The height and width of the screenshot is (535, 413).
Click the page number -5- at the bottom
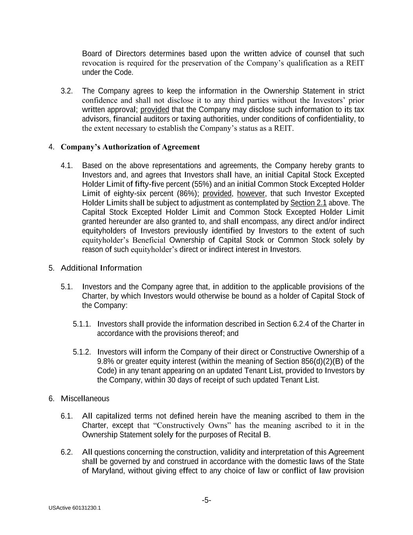[206, 500]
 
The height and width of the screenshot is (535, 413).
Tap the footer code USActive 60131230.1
[75, 508]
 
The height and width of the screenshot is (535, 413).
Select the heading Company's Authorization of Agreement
[130, 147]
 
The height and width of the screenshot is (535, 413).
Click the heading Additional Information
[101, 268]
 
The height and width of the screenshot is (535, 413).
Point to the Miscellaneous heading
[85, 399]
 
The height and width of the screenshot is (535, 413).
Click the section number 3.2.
[67, 91]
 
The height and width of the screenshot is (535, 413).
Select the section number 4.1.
[67, 165]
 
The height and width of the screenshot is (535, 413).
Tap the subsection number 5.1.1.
[82, 324]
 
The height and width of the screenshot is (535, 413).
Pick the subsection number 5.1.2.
[82, 352]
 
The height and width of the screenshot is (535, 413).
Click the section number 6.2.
[67, 452]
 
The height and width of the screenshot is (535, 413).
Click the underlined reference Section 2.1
[308, 203]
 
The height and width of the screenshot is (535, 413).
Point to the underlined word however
[251, 194]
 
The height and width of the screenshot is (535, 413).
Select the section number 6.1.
[67, 416]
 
